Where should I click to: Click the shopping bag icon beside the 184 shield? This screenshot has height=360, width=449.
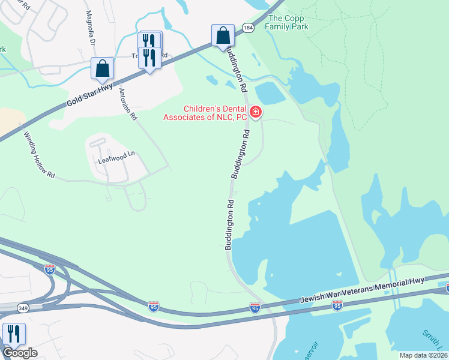(x=223, y=35)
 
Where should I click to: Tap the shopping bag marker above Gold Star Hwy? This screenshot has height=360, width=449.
(x=102, y=68)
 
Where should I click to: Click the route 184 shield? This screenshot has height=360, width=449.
(x=247, y=28)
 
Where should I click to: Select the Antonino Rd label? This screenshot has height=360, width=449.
(x=128, y=104)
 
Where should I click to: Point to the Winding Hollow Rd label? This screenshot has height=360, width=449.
(x=39, y=155)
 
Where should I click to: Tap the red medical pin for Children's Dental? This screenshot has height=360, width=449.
(x=255, y=112)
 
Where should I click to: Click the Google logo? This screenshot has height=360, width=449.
(x=19, y=352)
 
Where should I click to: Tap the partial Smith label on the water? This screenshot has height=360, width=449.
(x=432, y=341)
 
